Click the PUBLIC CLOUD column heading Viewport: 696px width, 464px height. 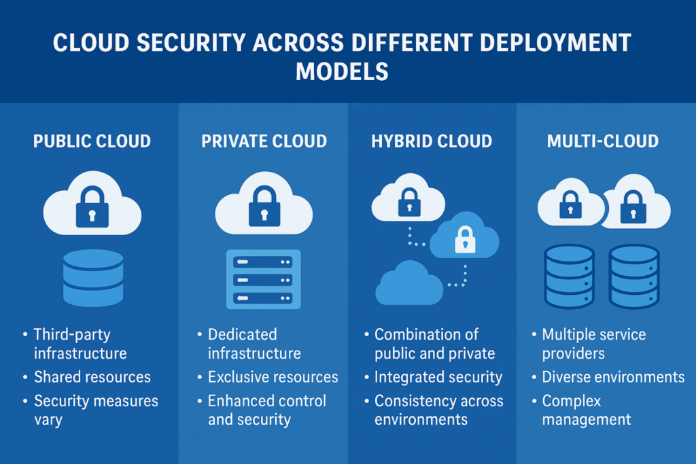click(x=92, y=142)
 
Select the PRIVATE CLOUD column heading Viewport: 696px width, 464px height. click(x=264, y=142)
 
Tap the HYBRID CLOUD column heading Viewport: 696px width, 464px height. click(x=432, y=142)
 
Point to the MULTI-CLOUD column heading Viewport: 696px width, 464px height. click(x=603, y=142)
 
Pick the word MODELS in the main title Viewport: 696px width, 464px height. click(x=342, y=71)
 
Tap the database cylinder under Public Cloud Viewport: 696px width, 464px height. click(x=93, y=277)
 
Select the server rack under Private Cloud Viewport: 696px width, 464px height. click(x=262, y=279)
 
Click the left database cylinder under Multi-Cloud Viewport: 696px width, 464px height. click(x=569, y=276)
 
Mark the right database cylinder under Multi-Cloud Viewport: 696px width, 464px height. click(x=633, y=276)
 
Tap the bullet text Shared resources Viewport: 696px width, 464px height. click(x=92, y=377)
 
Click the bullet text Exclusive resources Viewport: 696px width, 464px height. click(x=273, y=377)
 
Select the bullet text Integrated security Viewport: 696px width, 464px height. click(x=438, y=377)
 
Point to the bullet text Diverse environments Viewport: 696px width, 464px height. click(x=613, y=377)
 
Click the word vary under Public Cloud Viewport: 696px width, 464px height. click(x=48, y=419)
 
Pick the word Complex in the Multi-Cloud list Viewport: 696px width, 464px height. click(x=572, y=401)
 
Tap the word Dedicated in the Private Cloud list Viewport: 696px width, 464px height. click(x=242, y=334)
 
